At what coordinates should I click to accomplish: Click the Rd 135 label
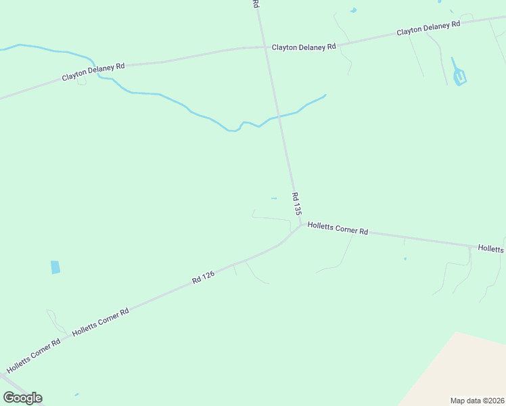click(x=296, y=204)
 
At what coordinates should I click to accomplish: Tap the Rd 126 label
click(x=203, y=277)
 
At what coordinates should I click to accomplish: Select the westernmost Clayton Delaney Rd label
click(x=93, y=72)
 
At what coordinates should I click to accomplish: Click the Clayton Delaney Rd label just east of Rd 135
click(x=304, y=47)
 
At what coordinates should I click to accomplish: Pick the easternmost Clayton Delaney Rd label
click(x=428, y=28)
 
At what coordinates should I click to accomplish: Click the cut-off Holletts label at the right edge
click(x=491, y=249)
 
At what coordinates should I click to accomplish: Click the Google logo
click(x=22, y=398)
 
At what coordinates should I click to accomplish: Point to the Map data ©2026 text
click(x=477, y=401)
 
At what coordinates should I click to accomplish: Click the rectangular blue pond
click(x=55, y=267)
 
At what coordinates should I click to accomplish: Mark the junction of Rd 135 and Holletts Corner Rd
click(x=300, y=225)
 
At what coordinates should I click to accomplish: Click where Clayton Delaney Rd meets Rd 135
click(x=265, y=47)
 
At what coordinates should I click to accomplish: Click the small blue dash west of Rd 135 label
click(x=273, y=198)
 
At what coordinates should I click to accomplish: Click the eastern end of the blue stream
click(x=325, y=95)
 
